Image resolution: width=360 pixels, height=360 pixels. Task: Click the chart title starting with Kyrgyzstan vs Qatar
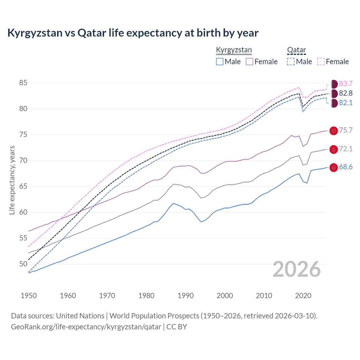133,33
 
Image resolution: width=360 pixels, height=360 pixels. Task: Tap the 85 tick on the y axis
23,83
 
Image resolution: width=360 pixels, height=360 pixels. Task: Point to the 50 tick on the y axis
23,264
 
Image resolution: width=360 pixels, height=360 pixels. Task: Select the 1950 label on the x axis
29,296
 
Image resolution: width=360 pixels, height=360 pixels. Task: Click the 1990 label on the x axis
186,296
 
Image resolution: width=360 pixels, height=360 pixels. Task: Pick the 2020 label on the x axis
303,296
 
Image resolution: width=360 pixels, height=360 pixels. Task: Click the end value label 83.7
346,84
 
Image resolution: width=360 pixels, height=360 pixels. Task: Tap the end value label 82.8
346,93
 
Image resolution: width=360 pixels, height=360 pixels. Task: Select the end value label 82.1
346,103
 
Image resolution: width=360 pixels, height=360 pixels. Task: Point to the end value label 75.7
346,130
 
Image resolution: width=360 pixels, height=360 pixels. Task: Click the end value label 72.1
346,149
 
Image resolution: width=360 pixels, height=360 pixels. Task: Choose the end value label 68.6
346,167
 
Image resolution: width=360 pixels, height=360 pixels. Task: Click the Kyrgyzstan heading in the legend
234,50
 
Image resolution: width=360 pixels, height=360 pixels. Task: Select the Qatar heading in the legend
296,50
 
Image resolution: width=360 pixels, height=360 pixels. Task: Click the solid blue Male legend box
220,62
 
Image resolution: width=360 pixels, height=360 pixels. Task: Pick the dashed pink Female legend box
321,62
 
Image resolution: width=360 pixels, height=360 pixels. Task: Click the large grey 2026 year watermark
297,269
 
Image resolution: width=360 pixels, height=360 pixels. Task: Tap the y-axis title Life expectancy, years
12,180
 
